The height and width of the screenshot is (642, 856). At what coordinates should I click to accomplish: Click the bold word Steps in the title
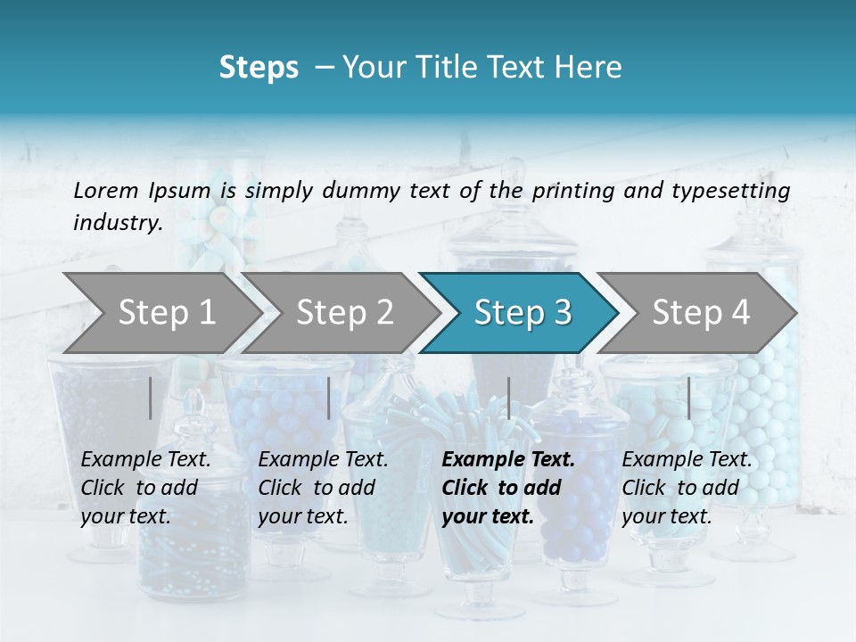coord(259,67)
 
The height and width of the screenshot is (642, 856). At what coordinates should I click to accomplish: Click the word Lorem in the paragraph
coord(106,190)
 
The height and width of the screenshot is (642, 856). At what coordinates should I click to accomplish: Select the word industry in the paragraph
coord(115,223)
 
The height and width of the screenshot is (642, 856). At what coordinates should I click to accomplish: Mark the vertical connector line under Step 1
coord(151,398)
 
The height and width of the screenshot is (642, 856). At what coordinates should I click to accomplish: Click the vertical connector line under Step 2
coord(329,398)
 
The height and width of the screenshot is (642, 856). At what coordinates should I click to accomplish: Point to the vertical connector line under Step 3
coord(509,398)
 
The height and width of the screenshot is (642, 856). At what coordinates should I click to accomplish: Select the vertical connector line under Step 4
coord(688,398)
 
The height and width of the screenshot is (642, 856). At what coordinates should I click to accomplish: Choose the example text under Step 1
coord(145,488)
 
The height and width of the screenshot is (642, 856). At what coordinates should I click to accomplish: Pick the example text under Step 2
coord(323,488)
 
